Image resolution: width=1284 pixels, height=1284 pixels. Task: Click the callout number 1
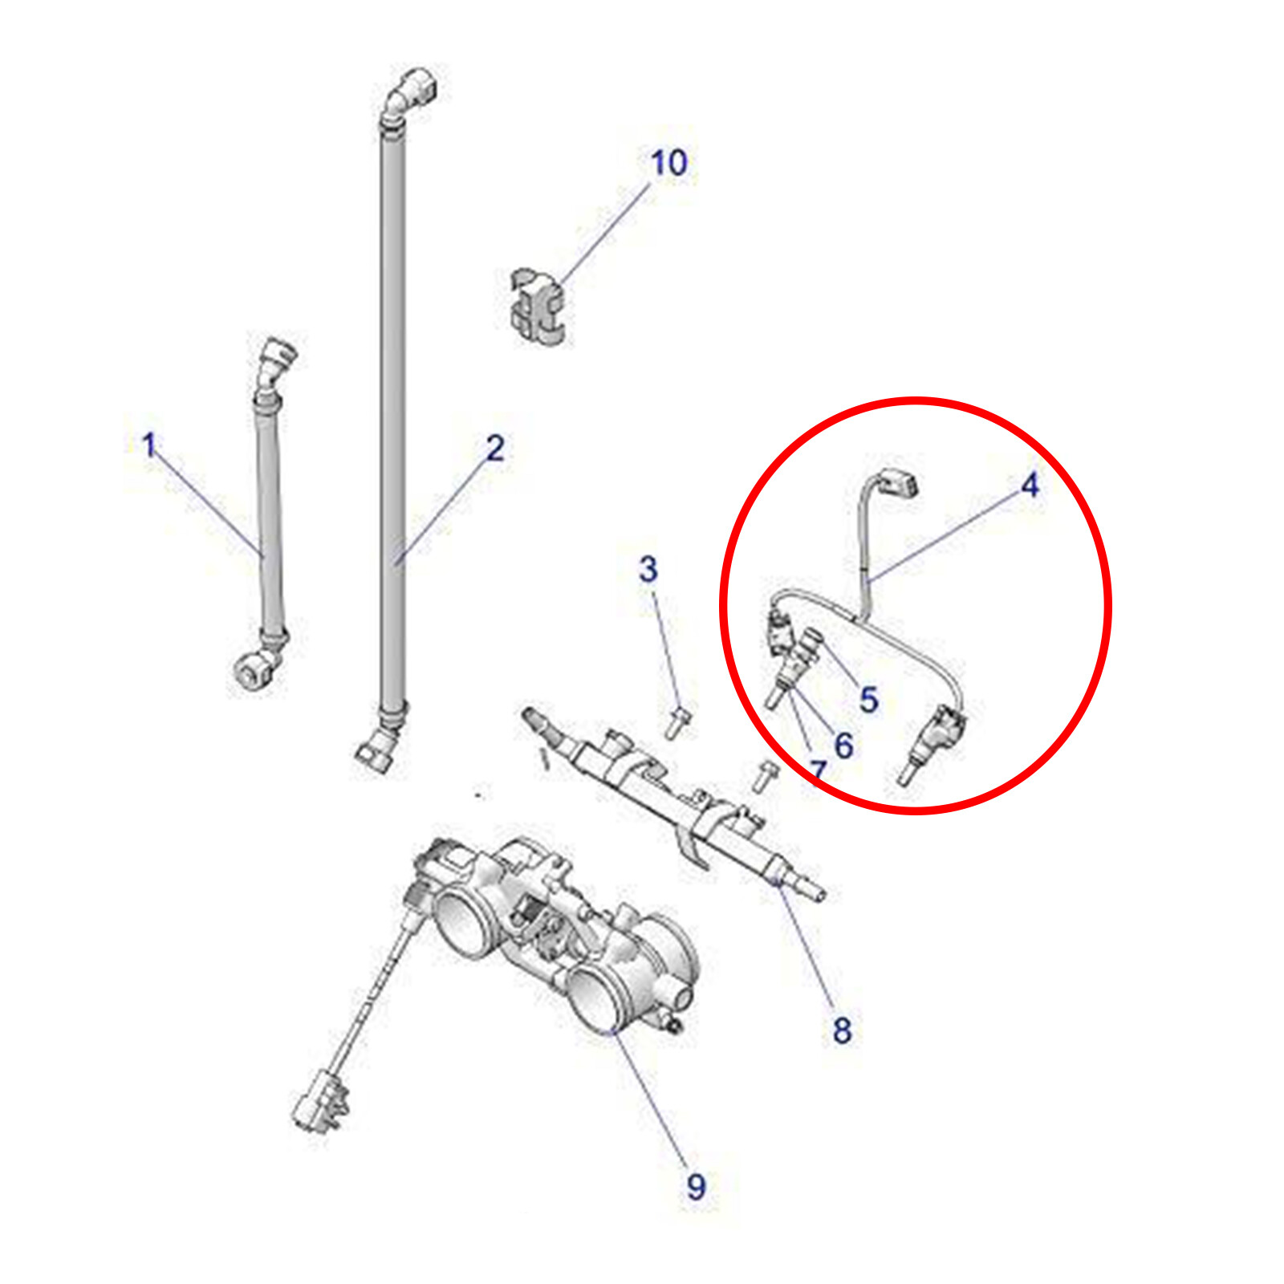(x=148, y=445)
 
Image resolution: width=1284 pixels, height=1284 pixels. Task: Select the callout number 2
(x=495, y=449)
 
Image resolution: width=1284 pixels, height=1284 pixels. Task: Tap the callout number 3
(x=648, y=569)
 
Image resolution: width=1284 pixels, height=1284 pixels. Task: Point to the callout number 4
(x=1030, y=485)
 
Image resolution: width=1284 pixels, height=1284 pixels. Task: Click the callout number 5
(x=869, y=699)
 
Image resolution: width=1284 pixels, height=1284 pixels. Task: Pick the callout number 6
(x=843, y=745)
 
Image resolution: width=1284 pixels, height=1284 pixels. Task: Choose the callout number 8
(x=842, y=1030)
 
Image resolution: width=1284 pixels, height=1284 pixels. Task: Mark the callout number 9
(x=696, y=1186)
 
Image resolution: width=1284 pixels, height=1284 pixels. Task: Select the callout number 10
(x=668, y=163)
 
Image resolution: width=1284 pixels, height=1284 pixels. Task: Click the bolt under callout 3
(x=677, y=721)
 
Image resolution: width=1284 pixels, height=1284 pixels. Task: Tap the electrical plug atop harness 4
(x=898, y=482)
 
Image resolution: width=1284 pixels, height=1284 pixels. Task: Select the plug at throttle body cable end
(x=321, y=1099)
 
